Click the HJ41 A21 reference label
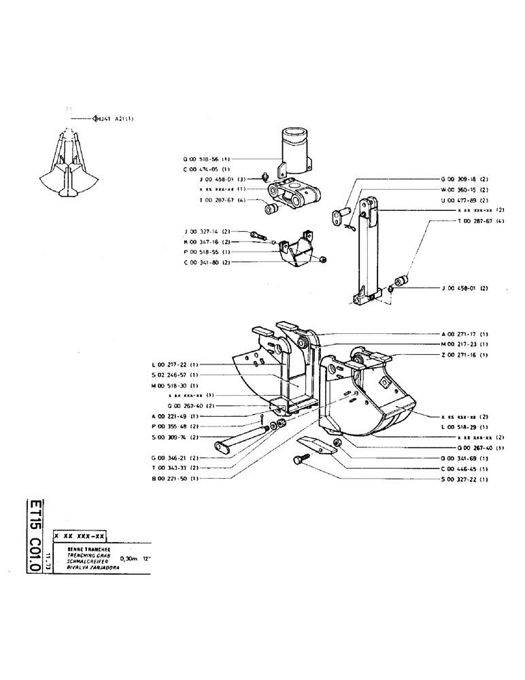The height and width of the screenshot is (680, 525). [x=114, y=118]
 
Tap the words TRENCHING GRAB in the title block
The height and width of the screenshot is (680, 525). [x=81, y=555]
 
